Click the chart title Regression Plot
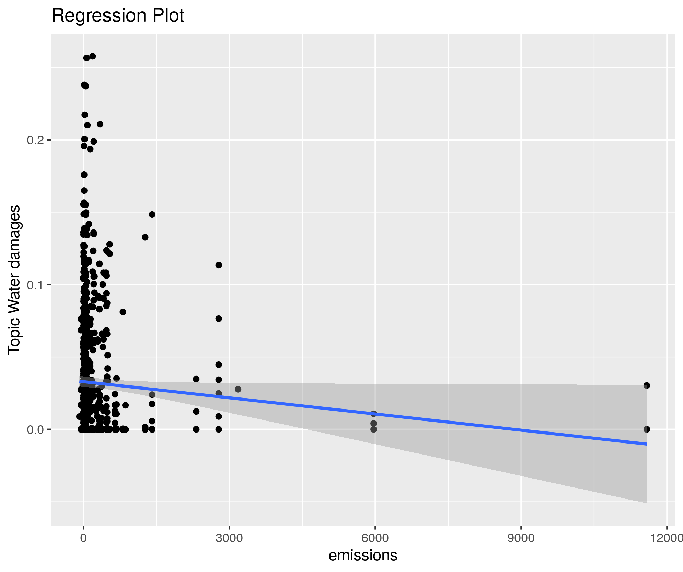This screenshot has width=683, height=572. (118, 16)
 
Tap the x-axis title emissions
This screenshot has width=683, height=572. (363, 555)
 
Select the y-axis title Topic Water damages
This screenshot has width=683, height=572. (14, 279)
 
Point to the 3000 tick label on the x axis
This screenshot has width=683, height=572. (229, 538)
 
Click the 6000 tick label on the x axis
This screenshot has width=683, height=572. (375, 538)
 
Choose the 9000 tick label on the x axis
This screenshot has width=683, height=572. (521, 538)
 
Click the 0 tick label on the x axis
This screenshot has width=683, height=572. (83, 538)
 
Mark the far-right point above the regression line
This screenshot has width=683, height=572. (647, 385)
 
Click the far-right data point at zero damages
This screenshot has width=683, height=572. (647, 429)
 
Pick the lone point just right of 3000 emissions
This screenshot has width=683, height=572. (238, 389)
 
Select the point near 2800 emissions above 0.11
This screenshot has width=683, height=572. (219, 265)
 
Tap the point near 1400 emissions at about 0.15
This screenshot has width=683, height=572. (152, 214)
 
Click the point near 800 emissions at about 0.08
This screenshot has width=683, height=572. (123, 312)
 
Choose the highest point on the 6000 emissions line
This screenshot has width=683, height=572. (374, 414)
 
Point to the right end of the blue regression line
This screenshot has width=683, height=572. (646, 444)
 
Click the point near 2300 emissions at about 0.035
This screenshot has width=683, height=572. (196, 379)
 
